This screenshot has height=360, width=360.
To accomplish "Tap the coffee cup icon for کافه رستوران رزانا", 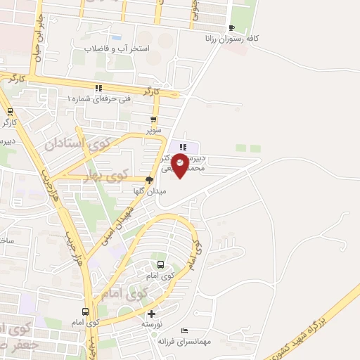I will (231, 28).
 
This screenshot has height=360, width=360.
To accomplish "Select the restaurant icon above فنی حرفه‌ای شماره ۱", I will (98, 88).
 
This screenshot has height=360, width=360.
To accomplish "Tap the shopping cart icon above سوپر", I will (153, 120).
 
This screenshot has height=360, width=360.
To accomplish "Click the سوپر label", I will (153, 131).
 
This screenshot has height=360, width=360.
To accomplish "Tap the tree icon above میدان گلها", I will (148, 179).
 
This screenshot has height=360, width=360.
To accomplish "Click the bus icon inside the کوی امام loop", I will (161, 265).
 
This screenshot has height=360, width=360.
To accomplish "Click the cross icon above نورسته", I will (152, 314).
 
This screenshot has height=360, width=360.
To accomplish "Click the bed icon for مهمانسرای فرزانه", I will (184, 331).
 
